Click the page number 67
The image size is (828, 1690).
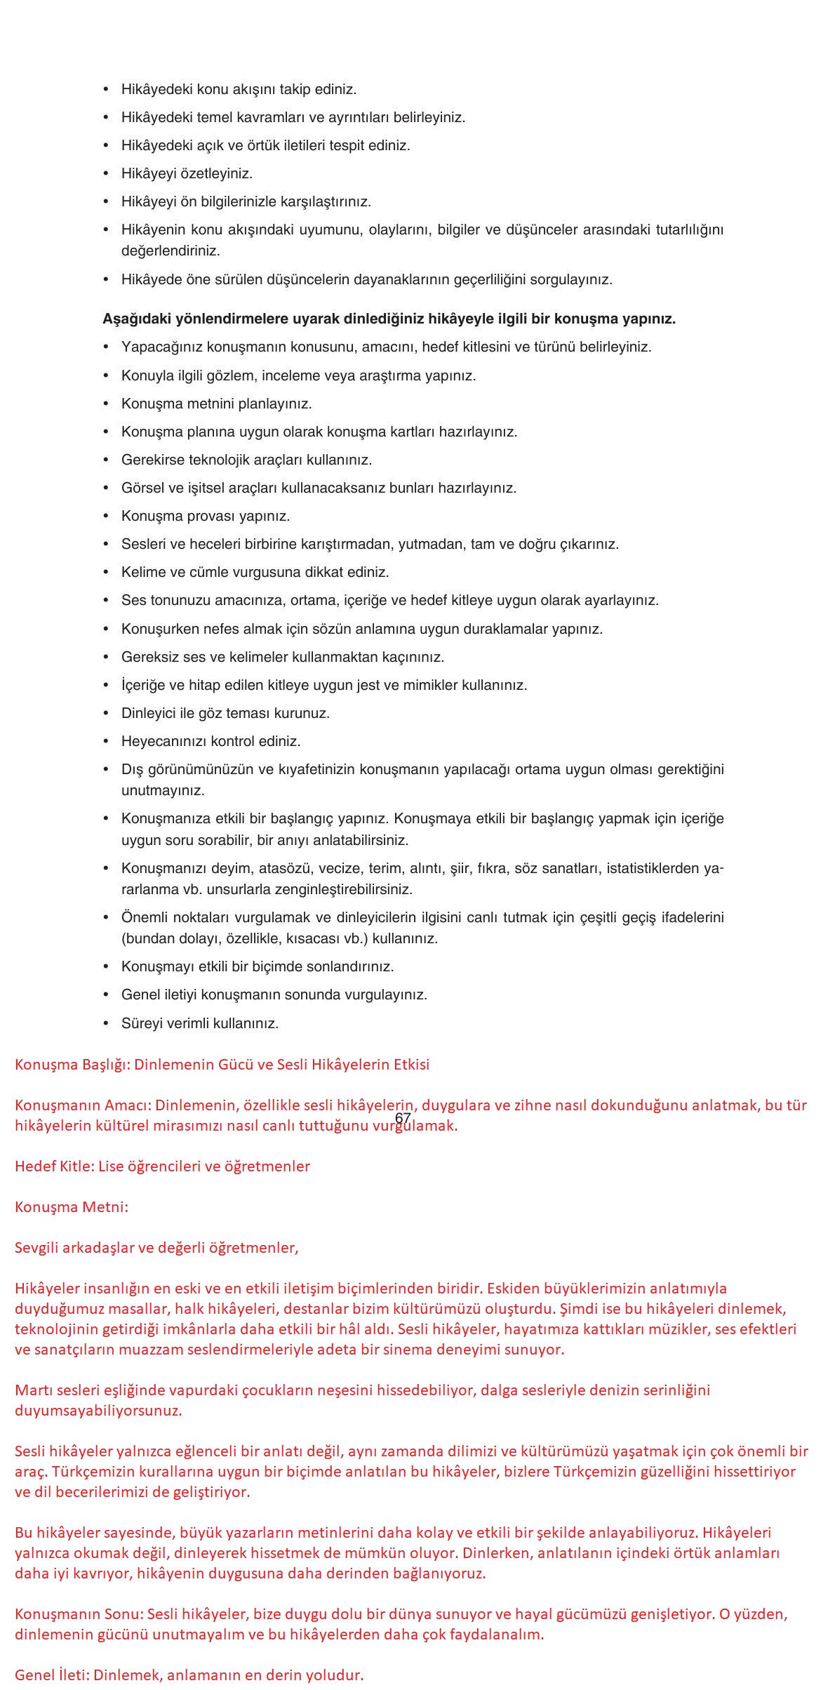pyautogui.click(x=403, y=1118)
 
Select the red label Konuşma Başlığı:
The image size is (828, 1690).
pyautogui.click(x=72, y=1065)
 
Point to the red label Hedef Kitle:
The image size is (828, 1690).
pyautogui.click(x=54, y=1166)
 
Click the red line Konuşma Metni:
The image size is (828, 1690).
pyautogui.click(x=72, y=1207)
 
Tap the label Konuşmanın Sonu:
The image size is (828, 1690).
pyautogui.click(x=79, y=1614)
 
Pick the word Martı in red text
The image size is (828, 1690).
pyautogui.click(x=32, y=1390)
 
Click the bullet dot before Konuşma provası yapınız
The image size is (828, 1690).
pyautogui.click(x=106, y=517)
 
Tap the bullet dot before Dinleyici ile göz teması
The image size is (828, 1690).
pyautogui.click(x=106, y=714)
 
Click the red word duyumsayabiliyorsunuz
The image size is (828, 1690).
pyautogui.click(x=98, y=1410)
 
